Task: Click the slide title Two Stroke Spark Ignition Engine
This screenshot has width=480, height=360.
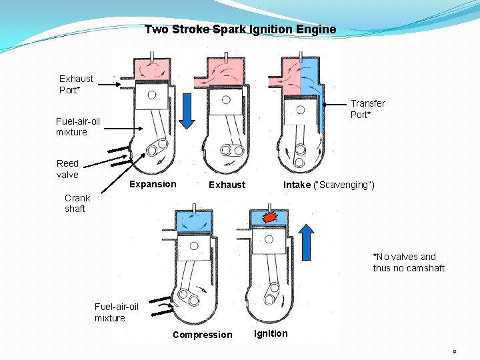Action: [x=240, y=29]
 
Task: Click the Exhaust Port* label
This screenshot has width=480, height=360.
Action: [x=77, y=84]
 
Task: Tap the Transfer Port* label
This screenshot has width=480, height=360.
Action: [x=367, y=109]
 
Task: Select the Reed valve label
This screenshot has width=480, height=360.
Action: [x=67, y=169]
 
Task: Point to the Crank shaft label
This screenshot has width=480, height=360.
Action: [x=77, y=203]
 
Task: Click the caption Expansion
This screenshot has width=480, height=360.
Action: [x=153, y=184]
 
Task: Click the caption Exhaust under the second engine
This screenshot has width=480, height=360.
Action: [x=227, y=185]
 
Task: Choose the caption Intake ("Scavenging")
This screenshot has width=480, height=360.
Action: [x=329, y=185]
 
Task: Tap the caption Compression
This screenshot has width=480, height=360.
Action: [x=203, y=335]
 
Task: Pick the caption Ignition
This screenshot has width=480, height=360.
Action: [x=271, y=333]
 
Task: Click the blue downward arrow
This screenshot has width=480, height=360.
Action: [x=187, y=110]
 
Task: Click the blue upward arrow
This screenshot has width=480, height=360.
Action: [x=306, y=241]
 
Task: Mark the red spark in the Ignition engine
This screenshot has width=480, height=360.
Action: [x=270, y=217]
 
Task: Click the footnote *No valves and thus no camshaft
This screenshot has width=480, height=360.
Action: [x=408, y=262]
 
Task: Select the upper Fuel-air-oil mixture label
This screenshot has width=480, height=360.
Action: [x=78, y=127]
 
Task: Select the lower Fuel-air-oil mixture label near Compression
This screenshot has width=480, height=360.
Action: [x=117, y=312]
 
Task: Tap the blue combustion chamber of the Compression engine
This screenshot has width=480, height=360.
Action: [x=194, y=220]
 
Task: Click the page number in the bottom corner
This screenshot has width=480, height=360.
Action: [x=454, y=351]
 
